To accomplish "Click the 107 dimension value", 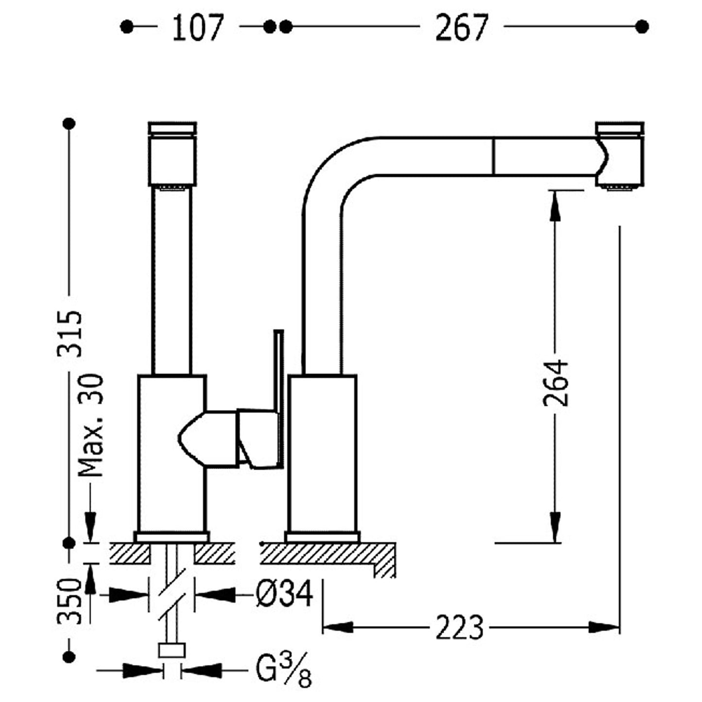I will (x=198, y=28).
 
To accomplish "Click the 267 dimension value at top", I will (x=461, y=28).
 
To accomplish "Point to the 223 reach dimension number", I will (x=459, y=627).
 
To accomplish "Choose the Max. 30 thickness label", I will (x=91, y=426).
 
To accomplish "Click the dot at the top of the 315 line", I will (x=70, y=123).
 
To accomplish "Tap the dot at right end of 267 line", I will (x=642, y=27).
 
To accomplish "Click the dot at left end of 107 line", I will (x=127, y=27).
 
